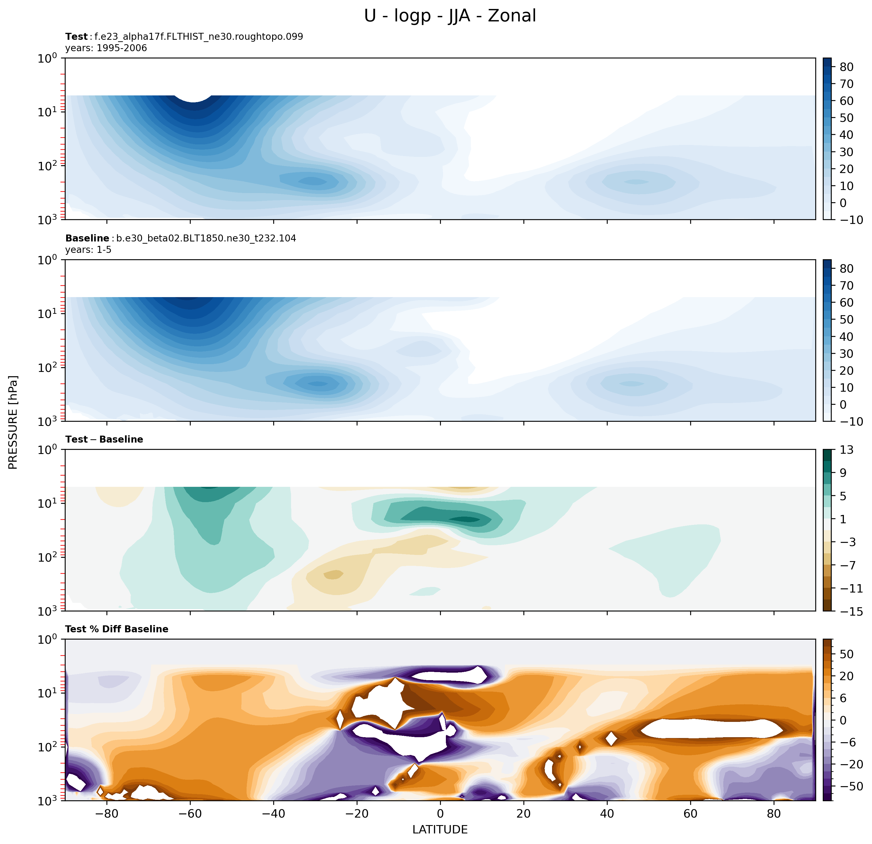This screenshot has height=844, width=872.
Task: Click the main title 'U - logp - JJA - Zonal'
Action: tap(450, 16)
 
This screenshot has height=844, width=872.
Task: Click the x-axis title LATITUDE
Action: tap(440, 829)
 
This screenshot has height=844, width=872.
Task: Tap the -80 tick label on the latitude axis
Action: tap(107, 813)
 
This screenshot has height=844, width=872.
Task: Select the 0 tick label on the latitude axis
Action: tap(441, 813)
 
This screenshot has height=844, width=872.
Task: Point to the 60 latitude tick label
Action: tap(690, 813)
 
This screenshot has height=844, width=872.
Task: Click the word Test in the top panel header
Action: tap(76, 36)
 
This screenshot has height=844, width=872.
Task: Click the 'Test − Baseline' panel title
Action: tap(104, 439)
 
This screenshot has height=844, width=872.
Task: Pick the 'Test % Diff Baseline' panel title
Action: tap(116, 629)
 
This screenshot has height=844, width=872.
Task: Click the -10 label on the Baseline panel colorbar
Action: tap(851, 421)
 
